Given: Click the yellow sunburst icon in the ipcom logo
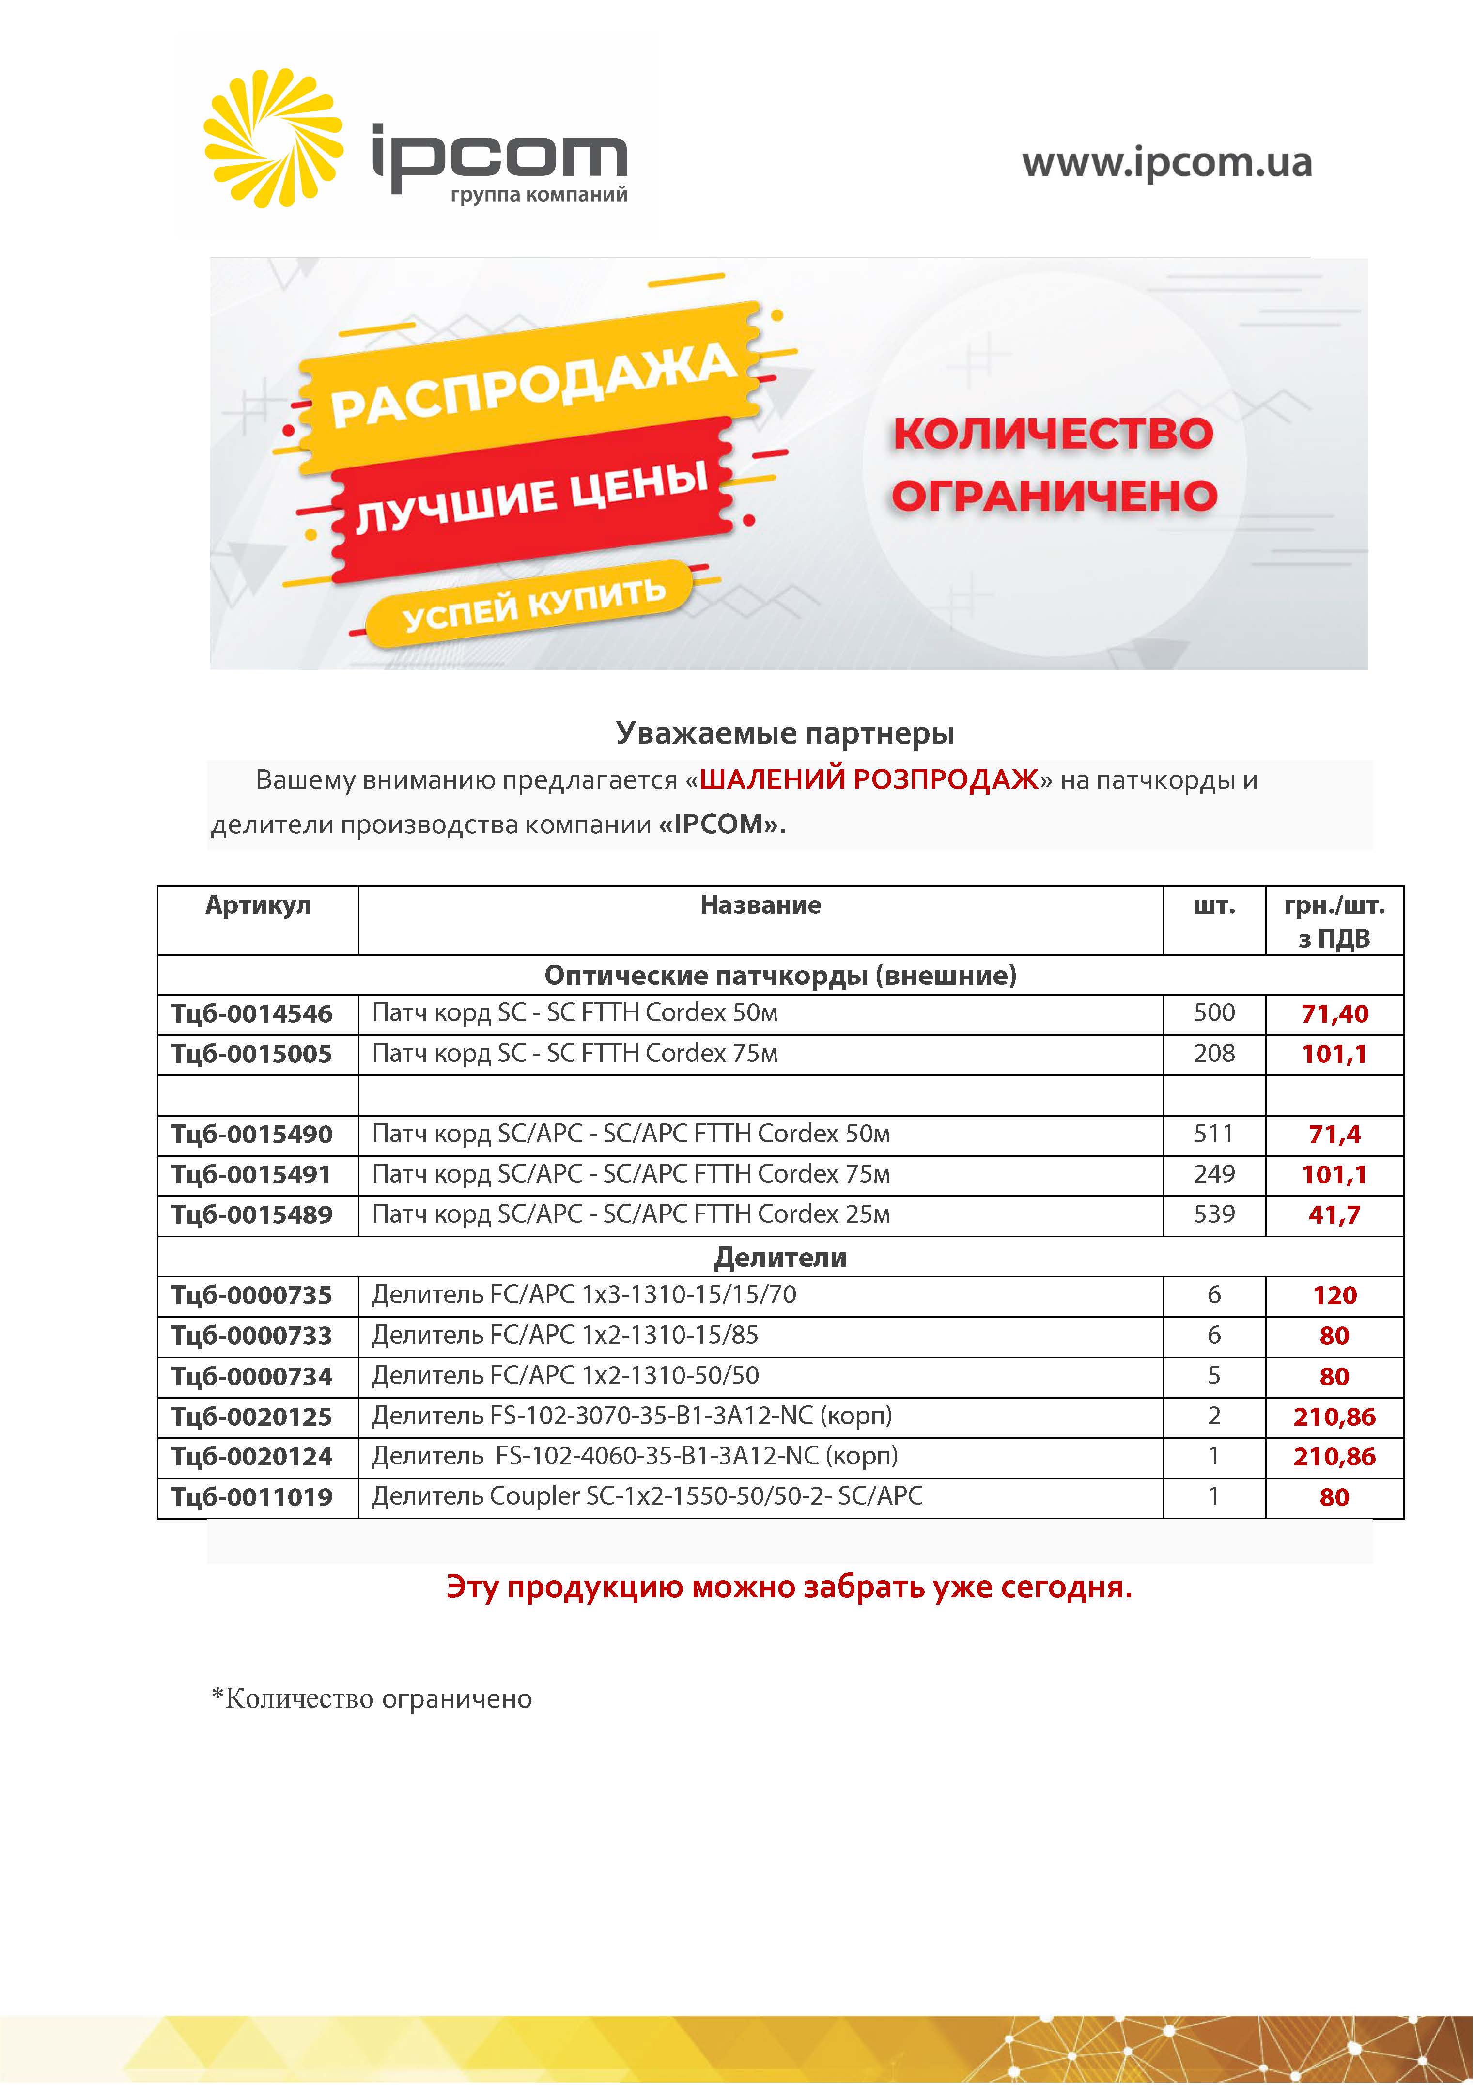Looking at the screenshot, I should (x=272, y=138).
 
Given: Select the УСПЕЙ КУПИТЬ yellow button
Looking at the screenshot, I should (x=534, y=605).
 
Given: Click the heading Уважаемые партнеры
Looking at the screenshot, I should (x=785, y=733).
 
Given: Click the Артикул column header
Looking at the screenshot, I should (x=258, y=905).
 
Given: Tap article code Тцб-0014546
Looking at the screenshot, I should (x=252, y=1013).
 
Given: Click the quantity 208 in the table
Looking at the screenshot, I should (x=1214, y=1053).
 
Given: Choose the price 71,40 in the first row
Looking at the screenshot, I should (x=1334, y=1013).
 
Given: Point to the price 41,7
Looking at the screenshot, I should (x=1334, y=1215).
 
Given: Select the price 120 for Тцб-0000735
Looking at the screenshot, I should (x=1334, y=1296).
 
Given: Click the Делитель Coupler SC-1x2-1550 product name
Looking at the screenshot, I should (x=647, y=1496).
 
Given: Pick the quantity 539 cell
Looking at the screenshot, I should (x=1214, y=1214).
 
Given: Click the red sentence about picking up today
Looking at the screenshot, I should (x=788, y=1587).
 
